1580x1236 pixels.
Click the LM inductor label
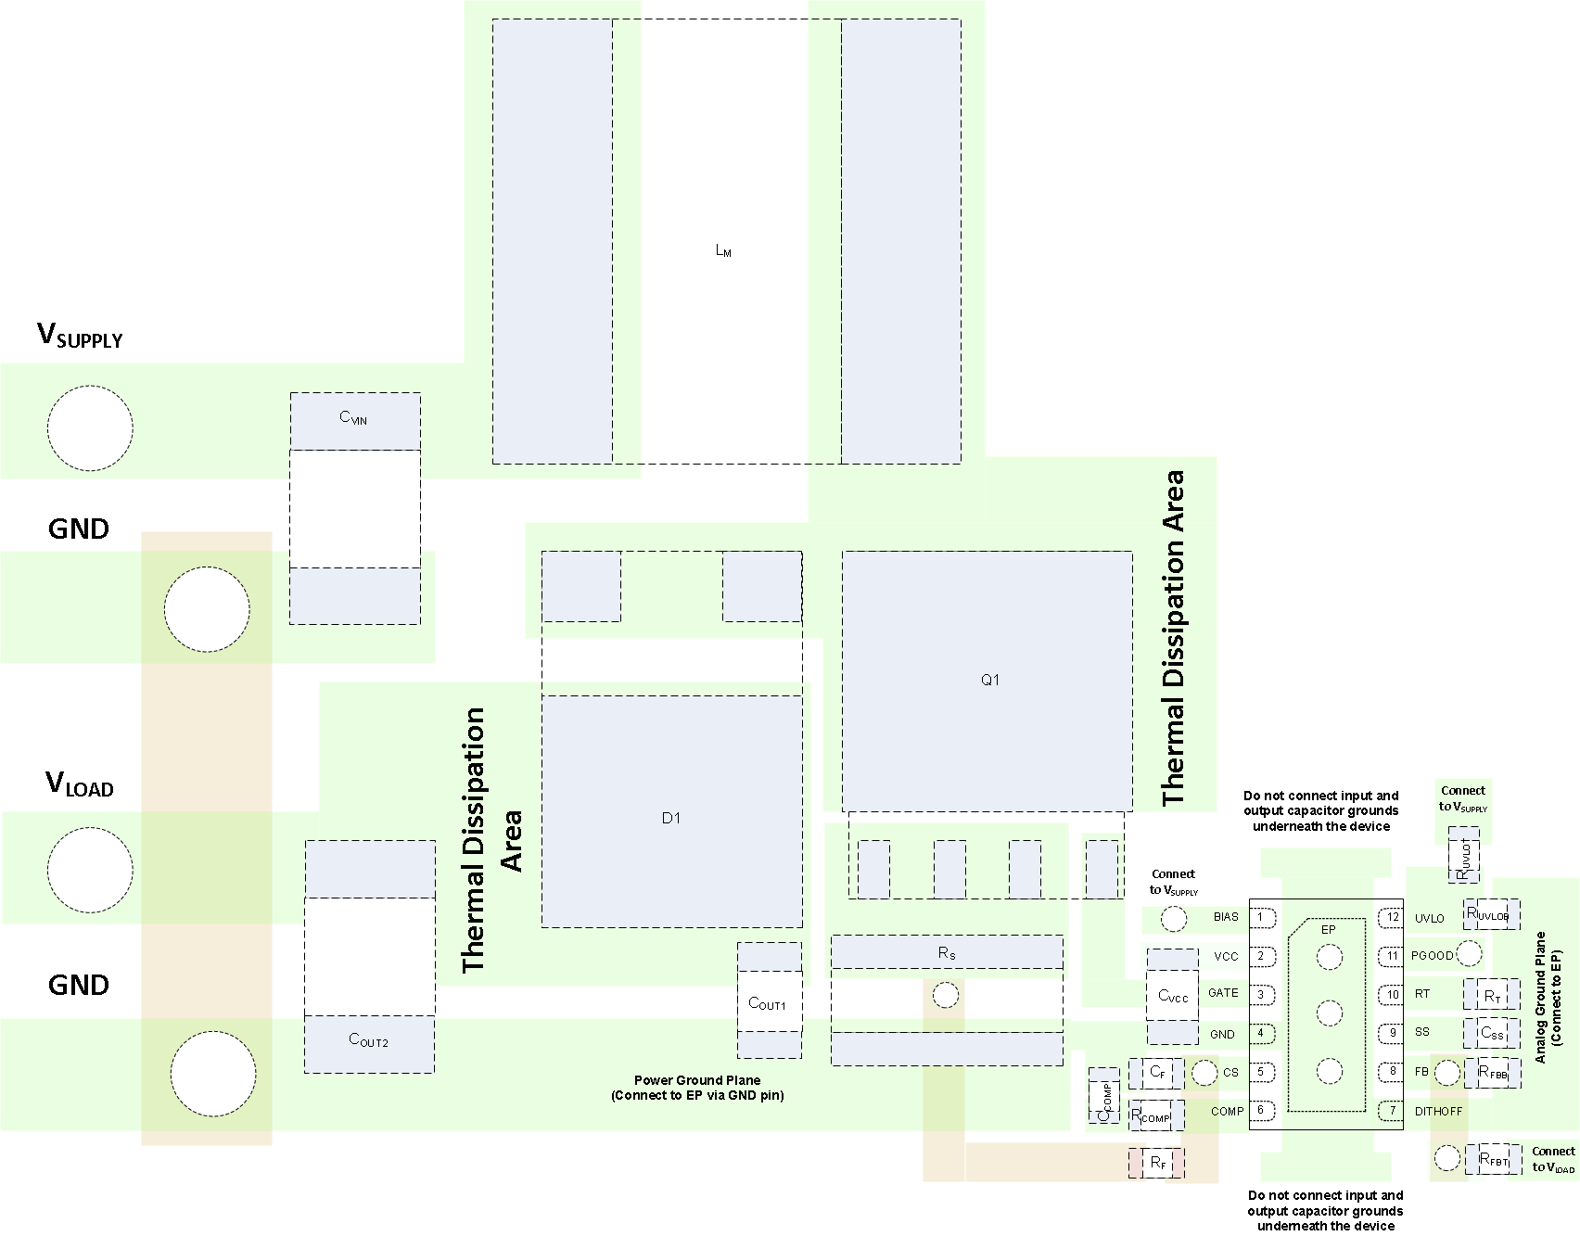pos(723,250)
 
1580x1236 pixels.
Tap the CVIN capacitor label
pos(353,418)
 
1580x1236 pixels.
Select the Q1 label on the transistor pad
pos(990,680)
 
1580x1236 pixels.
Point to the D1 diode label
pos(671,818)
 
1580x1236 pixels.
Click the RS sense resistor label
pos(947,953)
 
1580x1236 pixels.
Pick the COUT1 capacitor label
pos(767,1004)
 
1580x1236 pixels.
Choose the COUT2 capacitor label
pos(368,1040)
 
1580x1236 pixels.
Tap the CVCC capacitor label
pos(1173,997)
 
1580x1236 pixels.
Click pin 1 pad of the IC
pos(1261,917)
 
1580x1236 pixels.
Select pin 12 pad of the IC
pos(1391,918)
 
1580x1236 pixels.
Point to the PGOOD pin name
pos(1432,956)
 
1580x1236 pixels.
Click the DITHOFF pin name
pos(1438,1111)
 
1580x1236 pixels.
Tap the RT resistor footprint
pos(1491,995)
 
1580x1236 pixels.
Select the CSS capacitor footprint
pos(1491,1033)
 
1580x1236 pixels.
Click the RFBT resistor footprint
pos(1493,1159)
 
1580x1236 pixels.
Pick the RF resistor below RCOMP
pos(1157,1163)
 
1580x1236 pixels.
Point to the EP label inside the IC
pos(1328,929)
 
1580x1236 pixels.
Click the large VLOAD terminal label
pos(80,784)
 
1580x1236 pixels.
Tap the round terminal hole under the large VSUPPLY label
pos(90,428)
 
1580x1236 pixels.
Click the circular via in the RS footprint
pos(946,996)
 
